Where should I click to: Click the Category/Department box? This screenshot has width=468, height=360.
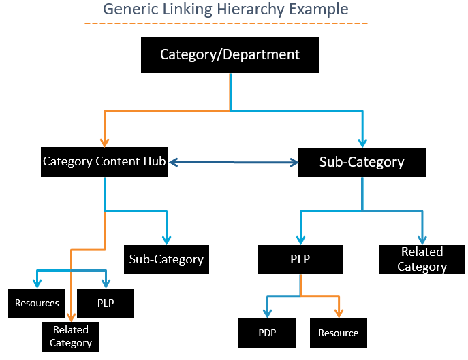pyautogui.click(x=230, y=54)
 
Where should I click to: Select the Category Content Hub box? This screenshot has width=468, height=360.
pyautogui.click(x=104, y=162)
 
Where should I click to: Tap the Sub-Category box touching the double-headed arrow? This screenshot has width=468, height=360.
pyautogui.click(x=362, y=162)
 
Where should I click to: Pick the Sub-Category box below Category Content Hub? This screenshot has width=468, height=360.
pyautogui.click(x=166, y=259)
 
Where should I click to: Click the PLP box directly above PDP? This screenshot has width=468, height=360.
pyautogui.click(x=300, y=259)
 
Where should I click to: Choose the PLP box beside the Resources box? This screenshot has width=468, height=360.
pyautogui.click(x=105, y=304)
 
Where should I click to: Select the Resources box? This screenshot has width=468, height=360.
pyautogui.click(x=37, y=304)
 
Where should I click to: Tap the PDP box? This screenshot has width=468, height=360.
pyautogui.click(x=267, y=333)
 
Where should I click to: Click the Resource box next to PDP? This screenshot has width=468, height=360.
pyautogui.click(x=338, y=333)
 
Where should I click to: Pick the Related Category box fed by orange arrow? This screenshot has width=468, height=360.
pyautogui.click(x=71, y=336)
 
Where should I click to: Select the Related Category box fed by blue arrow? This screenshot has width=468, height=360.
pyautogui.click(x=422, y=259)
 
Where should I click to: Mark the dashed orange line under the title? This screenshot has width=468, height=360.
pyautogui.click(x=225, y=24)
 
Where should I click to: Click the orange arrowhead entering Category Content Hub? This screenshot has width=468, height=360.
pyautogui.click(x=104, y=142)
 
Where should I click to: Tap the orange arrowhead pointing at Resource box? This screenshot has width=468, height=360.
pyautogui.click(x=338, y=313)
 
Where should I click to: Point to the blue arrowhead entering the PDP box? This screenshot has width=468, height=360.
pyautogui.click(x=267, y=313)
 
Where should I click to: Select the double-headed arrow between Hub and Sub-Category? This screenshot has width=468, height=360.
pyautogui.click(x=234, y=162)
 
